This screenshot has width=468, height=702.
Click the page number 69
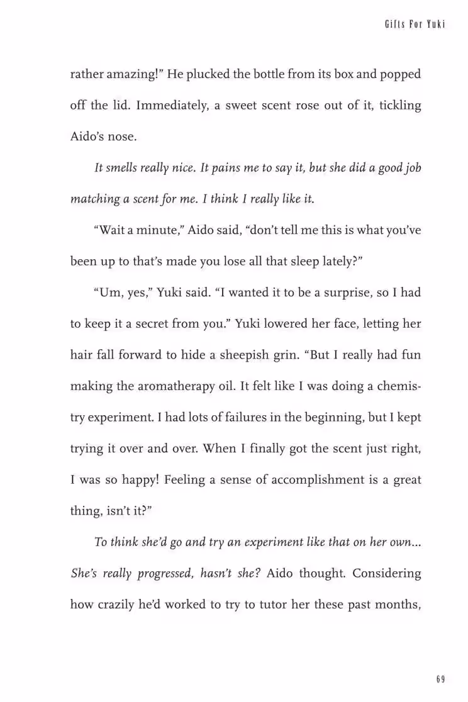pyautogui.click(x=440, y=679)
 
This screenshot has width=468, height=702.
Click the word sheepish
pyautogui.click(x=242, y=355)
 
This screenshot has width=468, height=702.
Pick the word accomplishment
pyautogui.click(x=296, y=480)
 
